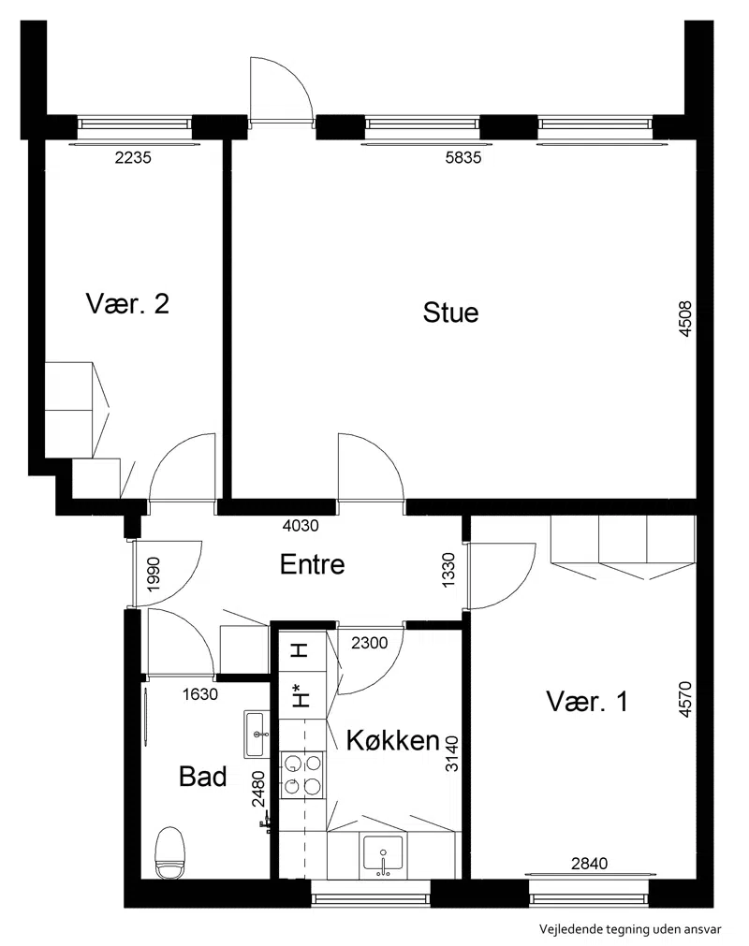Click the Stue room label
tap(450, 313)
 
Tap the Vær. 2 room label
tap(127, 303)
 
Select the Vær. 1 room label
tap(587, 702)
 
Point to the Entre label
tap(312, 564)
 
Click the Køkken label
tap(393, 739)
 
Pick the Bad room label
tap(203, 777)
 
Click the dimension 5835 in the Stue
tap(463, 158)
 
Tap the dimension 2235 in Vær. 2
tap(133, 158)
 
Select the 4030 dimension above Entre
tap(301, 526)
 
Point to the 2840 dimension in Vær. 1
tap(589, 864)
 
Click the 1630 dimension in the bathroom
tap(199, 694)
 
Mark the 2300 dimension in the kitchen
tap(370, 643)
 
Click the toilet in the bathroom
tap(169, 853)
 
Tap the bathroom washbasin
tap(257, 734)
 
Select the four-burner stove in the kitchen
tap(302, 776)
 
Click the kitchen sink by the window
tap(383, 855)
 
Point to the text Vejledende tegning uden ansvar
tap(630, 930)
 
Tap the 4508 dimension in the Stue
tap(685, 319)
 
